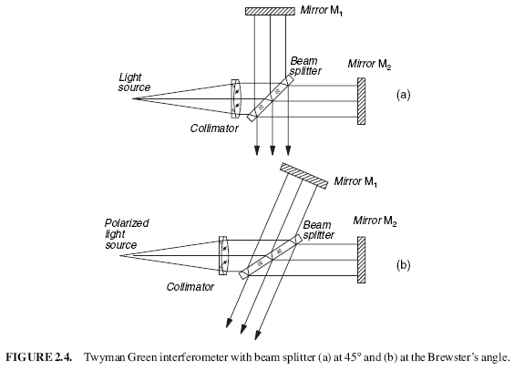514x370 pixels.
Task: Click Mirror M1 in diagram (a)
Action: (271, 11)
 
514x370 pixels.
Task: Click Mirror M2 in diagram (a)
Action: (362, 98)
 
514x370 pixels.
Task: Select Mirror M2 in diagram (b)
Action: (362, 259)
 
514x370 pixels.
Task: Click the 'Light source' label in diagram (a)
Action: (132, 81)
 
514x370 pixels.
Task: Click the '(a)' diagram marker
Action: (403, 94)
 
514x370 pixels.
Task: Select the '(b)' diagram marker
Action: (403, 267)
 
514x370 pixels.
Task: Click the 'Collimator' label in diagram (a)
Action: (215, 128)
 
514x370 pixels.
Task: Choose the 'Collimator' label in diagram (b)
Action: (190, 286)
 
